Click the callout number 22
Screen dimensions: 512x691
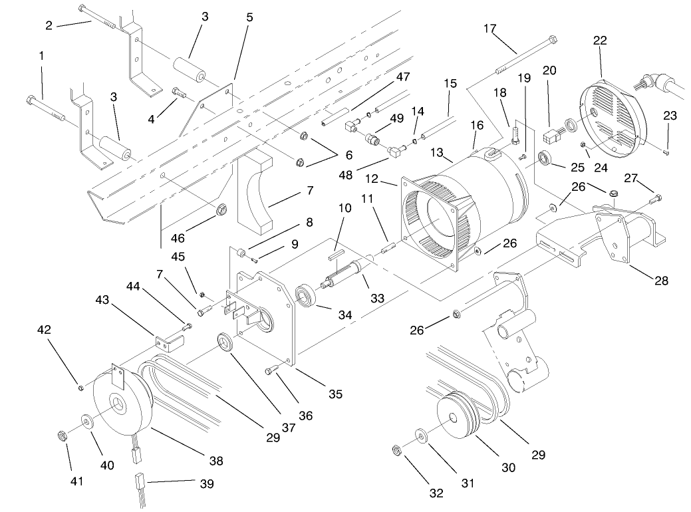600,40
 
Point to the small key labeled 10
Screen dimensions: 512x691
336,252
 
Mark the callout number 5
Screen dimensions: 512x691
249,17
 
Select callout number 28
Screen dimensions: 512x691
661,281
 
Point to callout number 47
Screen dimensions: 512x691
402,76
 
